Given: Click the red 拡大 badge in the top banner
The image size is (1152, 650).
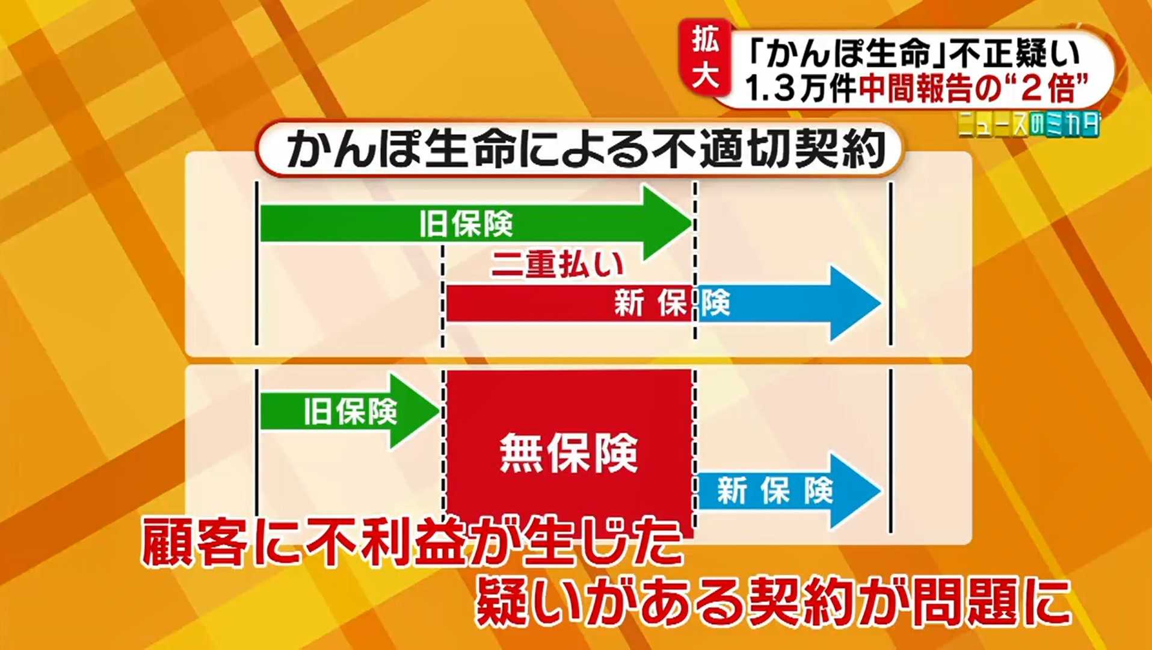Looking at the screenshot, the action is click(x=705, y=58).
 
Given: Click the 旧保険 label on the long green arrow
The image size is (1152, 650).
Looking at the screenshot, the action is click(x=466, y=224).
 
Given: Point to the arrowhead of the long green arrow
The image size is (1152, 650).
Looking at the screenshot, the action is click(x=668, y=223).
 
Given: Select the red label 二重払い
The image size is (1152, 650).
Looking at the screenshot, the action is click(x=557, y=264).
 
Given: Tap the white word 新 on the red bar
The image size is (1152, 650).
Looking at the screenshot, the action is click(x=629, y=303).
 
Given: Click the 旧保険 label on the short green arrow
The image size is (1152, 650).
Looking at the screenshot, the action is click(x=350, y=412).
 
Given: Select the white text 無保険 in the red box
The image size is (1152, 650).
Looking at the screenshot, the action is click(x=569, y=453).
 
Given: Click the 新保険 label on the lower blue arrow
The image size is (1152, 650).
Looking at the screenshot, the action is click(x=775, y=491).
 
